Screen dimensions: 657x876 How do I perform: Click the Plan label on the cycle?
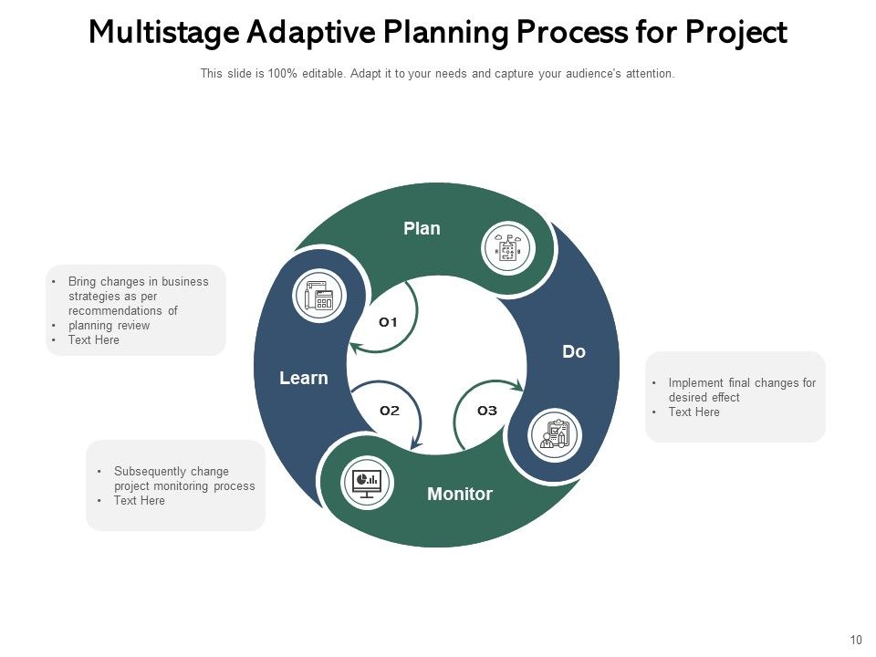coord(422,229)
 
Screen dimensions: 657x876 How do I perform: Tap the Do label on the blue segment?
coord(574,351)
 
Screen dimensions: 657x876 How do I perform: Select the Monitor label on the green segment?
coord(459,495)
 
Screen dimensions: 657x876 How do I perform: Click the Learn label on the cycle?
coord(303,378)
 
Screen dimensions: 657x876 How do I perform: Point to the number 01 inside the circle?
coord(389,322)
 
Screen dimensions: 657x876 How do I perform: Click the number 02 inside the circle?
coord(390,411)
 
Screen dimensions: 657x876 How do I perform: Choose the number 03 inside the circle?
coord(487,411)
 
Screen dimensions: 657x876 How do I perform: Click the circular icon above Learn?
coord(319,296)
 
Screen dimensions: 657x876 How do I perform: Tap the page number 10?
coord(855,641)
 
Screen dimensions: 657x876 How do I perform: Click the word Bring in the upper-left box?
coord(81,282)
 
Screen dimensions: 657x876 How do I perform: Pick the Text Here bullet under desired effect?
coord(693,412)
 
